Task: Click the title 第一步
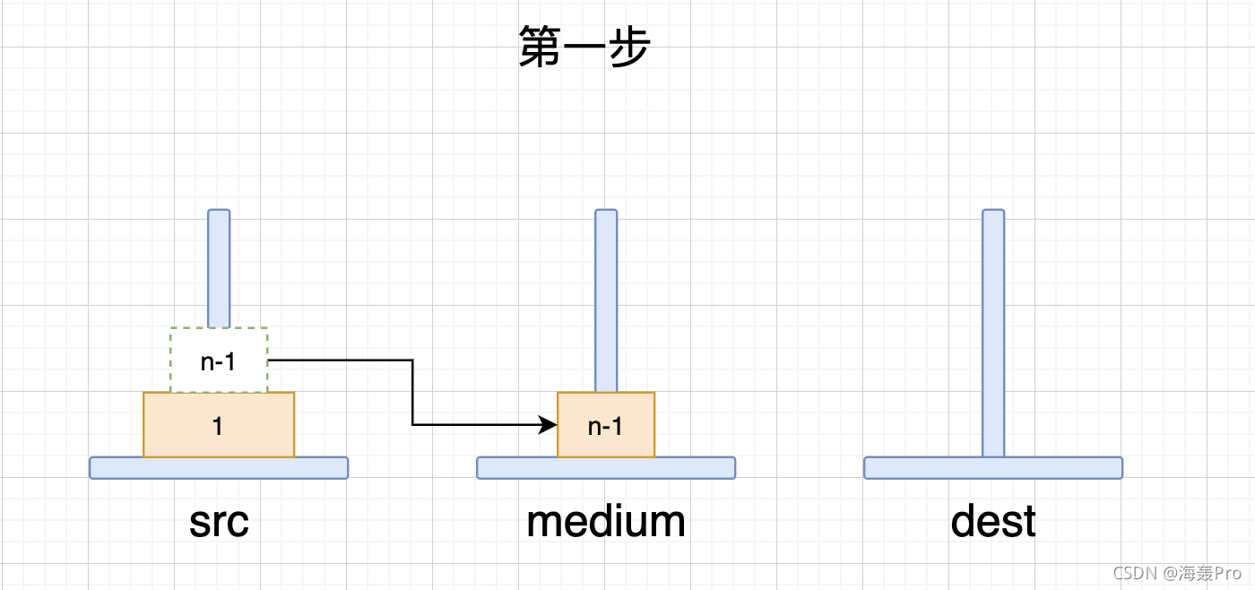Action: pyautogui.click(x=584, y=48)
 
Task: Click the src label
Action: pyautogui.click(x=219, y=522)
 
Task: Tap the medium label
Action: pyautogui.click(x=606, y=522)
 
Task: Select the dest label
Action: pyautogui.click(x=993, y=522)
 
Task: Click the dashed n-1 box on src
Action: pyautogui.click(x=219, y=360)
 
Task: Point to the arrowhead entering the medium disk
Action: pyautogui.click(x=549, y=425)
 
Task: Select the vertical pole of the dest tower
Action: pyautogui.click(x=993, y=332)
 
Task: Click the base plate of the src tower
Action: pyautogui.click(x=219, y=467)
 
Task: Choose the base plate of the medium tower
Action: pyautogui.click(x=606, y=467)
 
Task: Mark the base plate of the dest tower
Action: pyautogui.click(x=993, y=467)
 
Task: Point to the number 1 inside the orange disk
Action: pyautogui.click(x=218, y=426)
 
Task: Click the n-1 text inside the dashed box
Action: pyautogui.click(x=219, y=361)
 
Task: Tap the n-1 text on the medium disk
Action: pyautogui.click(x=605, y=427)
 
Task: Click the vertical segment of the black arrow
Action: pyautogui.click(x=412, y=393)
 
